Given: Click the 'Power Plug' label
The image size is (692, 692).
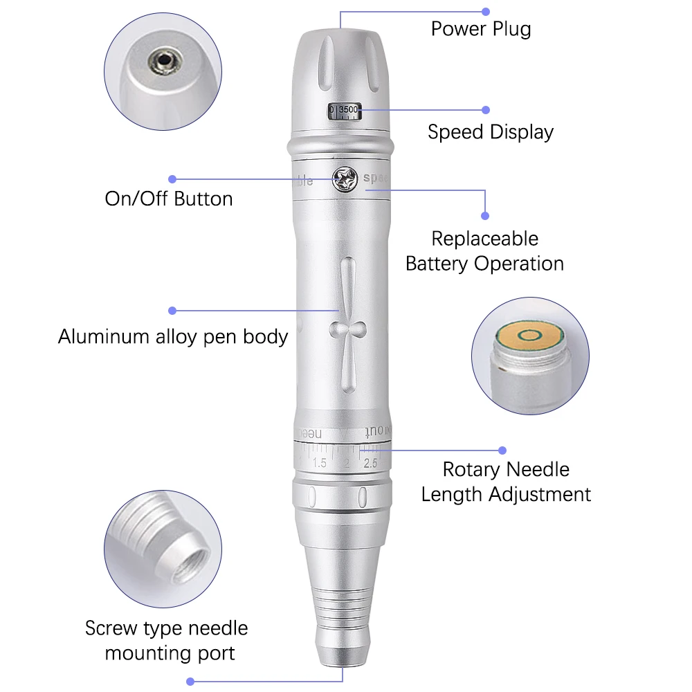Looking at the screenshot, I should click(481, 29).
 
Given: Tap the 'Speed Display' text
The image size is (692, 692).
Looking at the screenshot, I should click(490, 131).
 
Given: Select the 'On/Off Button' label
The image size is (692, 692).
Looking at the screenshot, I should click(168, 199).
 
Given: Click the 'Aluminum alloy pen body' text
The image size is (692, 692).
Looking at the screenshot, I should click(172, 337).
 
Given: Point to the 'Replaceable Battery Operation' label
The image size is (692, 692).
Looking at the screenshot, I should click(484, 251).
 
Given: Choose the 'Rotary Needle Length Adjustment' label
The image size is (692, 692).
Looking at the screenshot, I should click(506, 482).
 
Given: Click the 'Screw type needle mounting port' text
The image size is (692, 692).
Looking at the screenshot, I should click(166, 640).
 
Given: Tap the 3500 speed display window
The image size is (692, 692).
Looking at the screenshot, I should click(345, 111).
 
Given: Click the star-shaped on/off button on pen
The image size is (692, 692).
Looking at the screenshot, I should click(344, 179).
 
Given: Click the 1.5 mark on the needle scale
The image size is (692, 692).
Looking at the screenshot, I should click(319, 463).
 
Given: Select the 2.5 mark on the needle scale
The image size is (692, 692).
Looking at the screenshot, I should click(370, 463).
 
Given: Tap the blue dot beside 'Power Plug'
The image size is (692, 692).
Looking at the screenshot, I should click(486, 12).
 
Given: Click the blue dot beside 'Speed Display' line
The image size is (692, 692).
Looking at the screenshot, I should click(486, 109).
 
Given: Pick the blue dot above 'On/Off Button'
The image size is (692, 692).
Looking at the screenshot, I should click(172, 179).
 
